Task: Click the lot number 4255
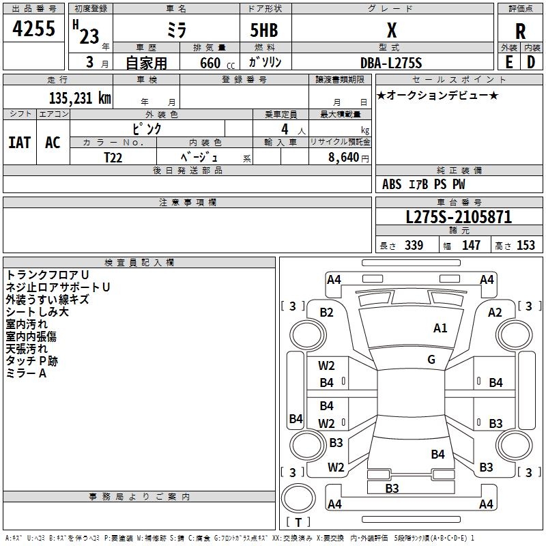tap(33, 29)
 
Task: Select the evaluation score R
tap(520, 32)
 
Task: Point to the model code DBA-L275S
tap(391, 63)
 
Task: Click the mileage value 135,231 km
tap(80, 98)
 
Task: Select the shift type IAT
tap(19, 143)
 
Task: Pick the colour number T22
tap(114, 157)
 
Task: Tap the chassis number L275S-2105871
tap(459, 218)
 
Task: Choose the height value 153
tap(526, 246)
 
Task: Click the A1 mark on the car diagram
tap(440, 328)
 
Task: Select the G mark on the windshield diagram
tap(431, 360)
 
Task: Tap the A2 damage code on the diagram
tap(495, 313)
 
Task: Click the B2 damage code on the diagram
tap(327, 313)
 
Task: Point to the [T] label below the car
tap(298, 522)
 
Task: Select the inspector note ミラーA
tap(26, 373)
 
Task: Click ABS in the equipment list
tap(392, 184)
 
